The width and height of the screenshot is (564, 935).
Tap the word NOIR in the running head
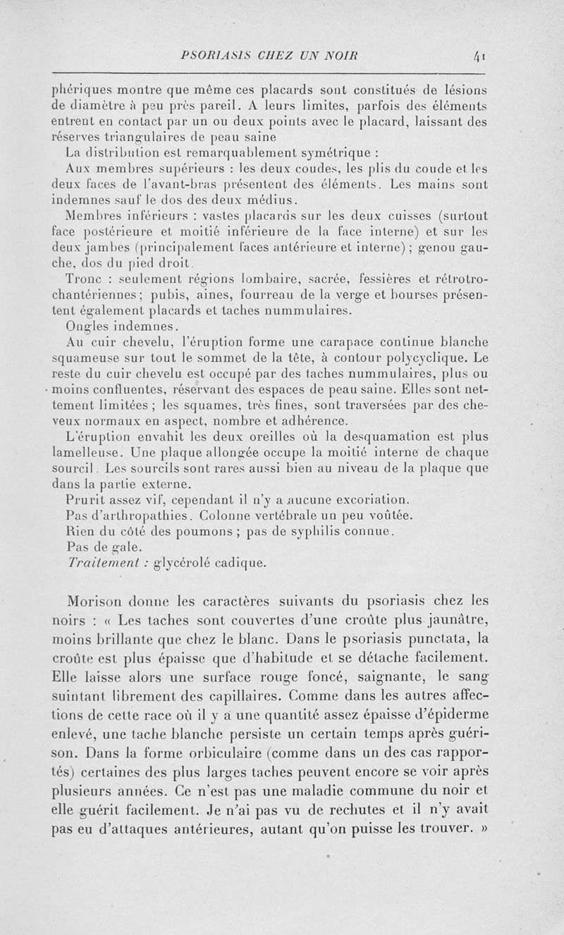[339, 55]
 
